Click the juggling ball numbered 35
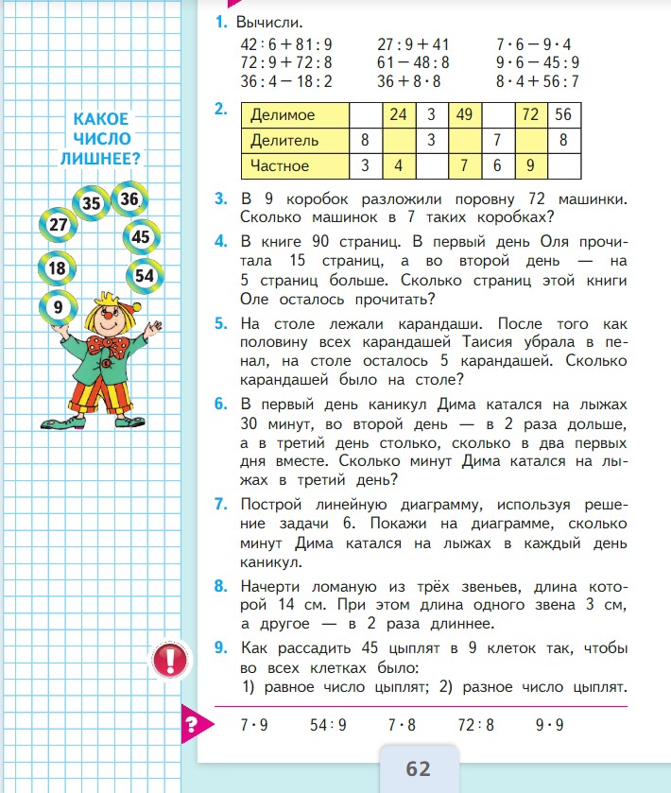click(x=92, y=202)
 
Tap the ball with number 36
click(x=129, y=198)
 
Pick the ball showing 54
click(x=144, y=275)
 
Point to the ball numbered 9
click(x=59, y=306)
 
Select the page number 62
click(x=418, y=767)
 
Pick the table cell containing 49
click(x=463, y=115)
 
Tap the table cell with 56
click(x=564, y=115)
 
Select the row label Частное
click(x=280, y=165)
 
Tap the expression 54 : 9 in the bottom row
click(x=328, y=726)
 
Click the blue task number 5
click(x=220, y=323)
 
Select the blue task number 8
click(x=220, y=586)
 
